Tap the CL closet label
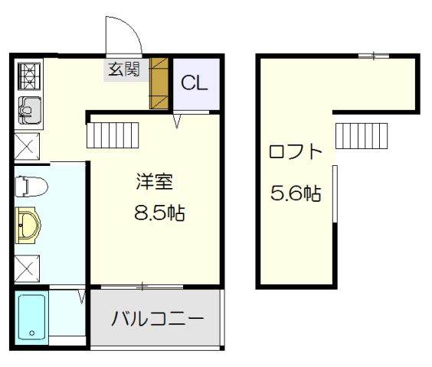tap(195, 83)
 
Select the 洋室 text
tap(154, 183)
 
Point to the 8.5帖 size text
tap(160, 212)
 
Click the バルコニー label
tap(157, 319)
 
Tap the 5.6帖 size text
tap(296, 193)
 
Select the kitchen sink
tap(30, 112)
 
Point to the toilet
tap(31, 186)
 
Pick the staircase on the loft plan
tap(362, 136)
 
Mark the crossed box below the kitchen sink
tap(29, 145)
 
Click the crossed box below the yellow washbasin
tap(29, 268)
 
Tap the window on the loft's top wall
tap(373, 55)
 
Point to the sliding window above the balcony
tap(143, 287)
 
